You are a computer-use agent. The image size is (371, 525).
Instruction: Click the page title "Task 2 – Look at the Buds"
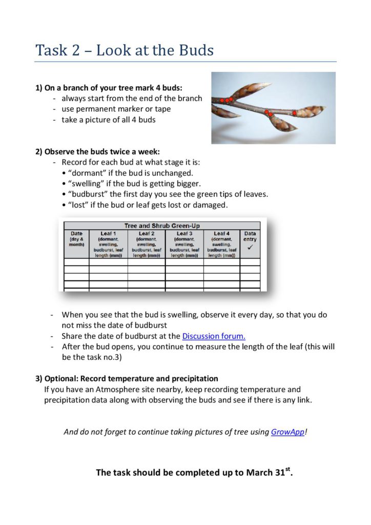125,50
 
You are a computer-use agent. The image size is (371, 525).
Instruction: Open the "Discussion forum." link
214,336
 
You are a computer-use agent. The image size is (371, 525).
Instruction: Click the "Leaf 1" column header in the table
108,234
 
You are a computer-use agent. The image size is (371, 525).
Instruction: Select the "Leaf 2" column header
147,234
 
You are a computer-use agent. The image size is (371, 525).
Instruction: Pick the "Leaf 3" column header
184,234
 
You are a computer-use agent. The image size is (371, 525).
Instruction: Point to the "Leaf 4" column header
222,234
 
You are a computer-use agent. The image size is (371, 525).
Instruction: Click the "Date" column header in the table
76,234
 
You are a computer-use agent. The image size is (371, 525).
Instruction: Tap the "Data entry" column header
250,236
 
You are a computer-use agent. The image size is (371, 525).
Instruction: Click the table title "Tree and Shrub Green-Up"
162,226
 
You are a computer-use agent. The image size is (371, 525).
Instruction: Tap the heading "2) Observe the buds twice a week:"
97,151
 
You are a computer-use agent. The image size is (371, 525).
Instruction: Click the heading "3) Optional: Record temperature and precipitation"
127,378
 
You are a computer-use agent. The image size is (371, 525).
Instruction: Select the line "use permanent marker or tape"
116,109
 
